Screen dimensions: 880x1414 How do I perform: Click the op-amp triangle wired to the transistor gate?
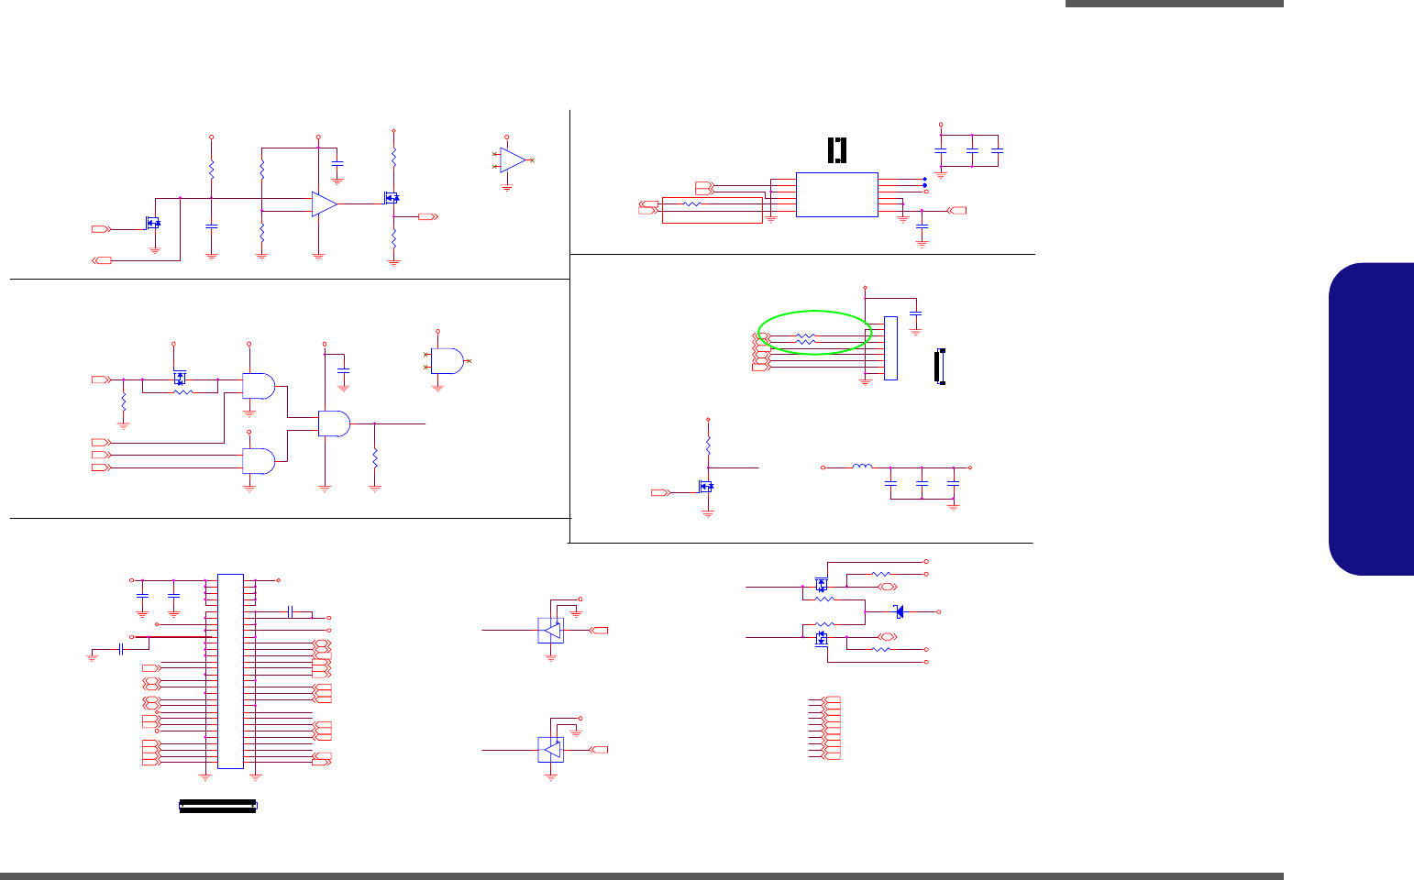pos(324,204)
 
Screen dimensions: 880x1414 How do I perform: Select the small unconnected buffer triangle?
pos(513,160)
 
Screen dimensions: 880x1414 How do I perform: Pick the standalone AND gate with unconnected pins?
pos(447,361)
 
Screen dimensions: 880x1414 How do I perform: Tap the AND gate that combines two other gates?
pos(334,423)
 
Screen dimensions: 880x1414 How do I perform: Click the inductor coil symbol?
pos(862,467)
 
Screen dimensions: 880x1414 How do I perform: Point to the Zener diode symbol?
pos(899,611)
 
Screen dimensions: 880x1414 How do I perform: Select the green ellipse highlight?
pos(814,332)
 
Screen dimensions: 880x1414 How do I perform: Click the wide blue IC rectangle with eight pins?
pos(836,194)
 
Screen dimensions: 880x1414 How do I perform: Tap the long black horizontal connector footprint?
pos(218,806)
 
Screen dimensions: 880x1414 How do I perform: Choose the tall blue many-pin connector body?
pos(230,671)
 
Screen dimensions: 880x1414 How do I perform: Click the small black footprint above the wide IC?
pos(837,150)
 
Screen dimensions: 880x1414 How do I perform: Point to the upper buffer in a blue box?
pos(550,631)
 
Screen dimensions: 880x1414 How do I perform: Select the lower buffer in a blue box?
pos(550,750)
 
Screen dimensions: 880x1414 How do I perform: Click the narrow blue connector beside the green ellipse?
pos(889,348)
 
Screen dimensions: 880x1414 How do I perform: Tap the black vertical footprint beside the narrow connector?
pos(939,367)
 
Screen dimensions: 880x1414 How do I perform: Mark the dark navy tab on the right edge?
pos(1372,419)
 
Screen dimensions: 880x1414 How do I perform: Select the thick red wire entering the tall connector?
pos(173,636)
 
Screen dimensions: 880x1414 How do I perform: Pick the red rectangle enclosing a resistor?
pos(712,210)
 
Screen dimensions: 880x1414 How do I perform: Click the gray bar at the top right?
pos(1175,4)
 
